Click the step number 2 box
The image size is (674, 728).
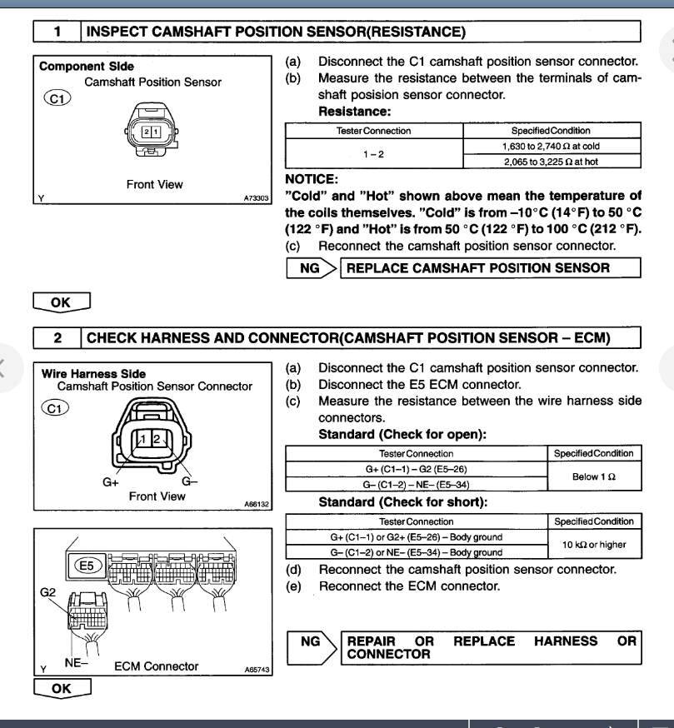(x=57, y=338)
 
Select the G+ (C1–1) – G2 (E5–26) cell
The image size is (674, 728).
(x=416, y=468)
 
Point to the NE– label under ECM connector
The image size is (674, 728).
(x=75, y=663)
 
